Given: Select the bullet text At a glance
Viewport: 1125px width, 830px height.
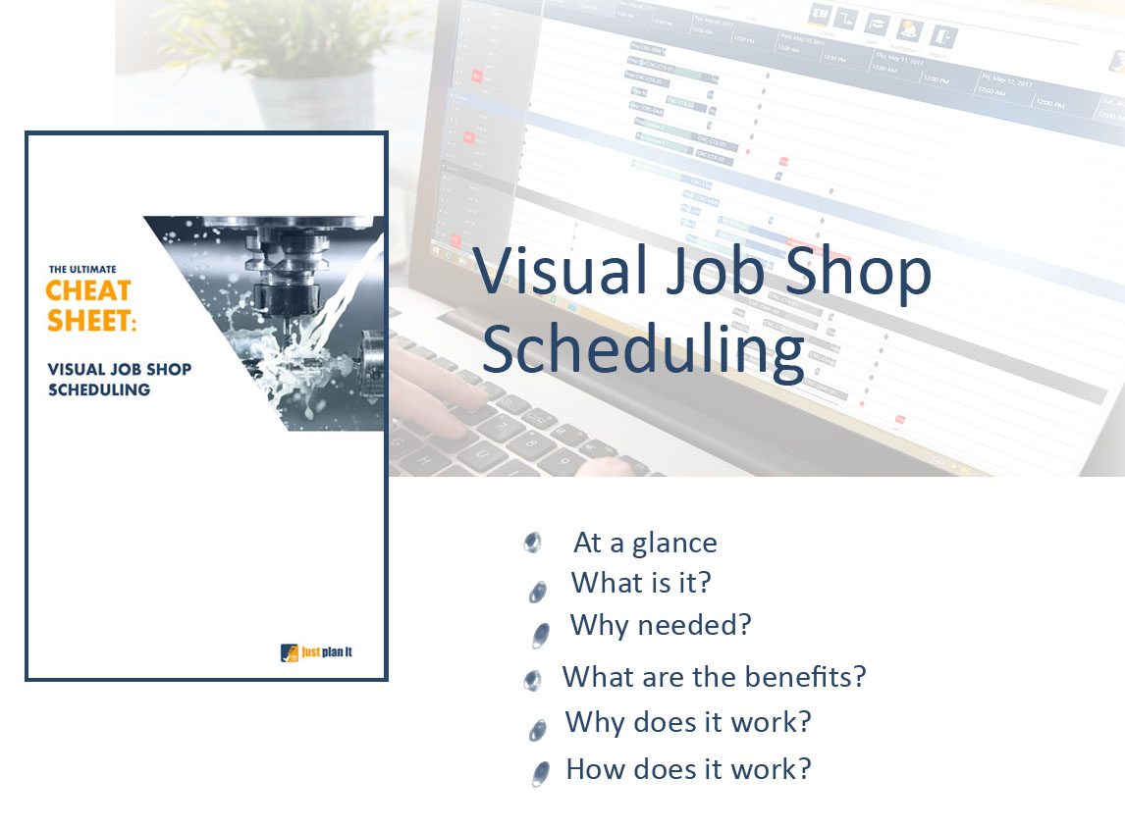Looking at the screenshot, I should (x=645, y=543).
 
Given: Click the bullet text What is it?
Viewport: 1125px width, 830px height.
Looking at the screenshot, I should (x=641, y=583).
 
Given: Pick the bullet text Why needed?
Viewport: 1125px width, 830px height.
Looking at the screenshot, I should (x=660, y=625).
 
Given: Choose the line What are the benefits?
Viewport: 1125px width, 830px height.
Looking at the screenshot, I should (x=714, y=677).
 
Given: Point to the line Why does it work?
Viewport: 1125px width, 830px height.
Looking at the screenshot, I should (x=688, y=722).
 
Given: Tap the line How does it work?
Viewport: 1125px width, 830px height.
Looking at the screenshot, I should (x=688, y=768).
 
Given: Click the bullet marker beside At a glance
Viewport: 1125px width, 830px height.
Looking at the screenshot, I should (x=533, y=542).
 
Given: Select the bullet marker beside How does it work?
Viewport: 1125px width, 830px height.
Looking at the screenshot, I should (x=539, y=773).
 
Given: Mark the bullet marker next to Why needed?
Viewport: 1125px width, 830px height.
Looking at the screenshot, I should (x=540, y=635).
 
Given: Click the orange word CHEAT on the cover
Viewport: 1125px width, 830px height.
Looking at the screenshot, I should (x=88, y=291).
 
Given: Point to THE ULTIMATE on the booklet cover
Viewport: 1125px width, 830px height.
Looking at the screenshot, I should (x=82, y=268).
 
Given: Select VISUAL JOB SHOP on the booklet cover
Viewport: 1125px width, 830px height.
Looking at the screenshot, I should (x=119, y=370).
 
